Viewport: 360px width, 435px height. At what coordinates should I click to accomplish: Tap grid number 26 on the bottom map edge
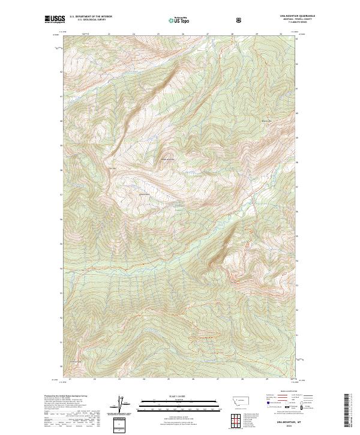click(193, 379)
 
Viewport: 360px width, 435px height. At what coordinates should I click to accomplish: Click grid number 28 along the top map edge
click(232, 34)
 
